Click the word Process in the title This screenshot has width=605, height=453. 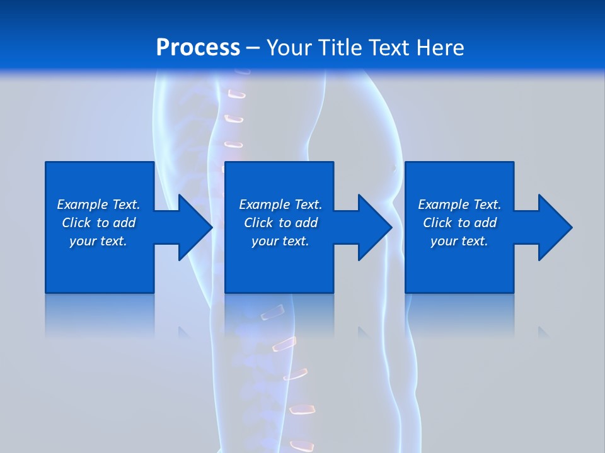click(198, 48)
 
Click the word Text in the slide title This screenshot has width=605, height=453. click(387, 48)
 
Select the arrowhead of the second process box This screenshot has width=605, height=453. click(374, 227)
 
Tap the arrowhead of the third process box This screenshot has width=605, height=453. click(555, 227)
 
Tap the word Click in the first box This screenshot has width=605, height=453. click(76, 223)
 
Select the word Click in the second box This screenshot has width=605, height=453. click(258, 223)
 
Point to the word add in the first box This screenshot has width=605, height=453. click(125, 223)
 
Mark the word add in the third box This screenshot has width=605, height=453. click(486, 223)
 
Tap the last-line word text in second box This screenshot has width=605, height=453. click(294, 241)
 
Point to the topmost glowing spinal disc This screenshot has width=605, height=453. click(236, 94)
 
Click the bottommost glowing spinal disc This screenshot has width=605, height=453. click(302, 446)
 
